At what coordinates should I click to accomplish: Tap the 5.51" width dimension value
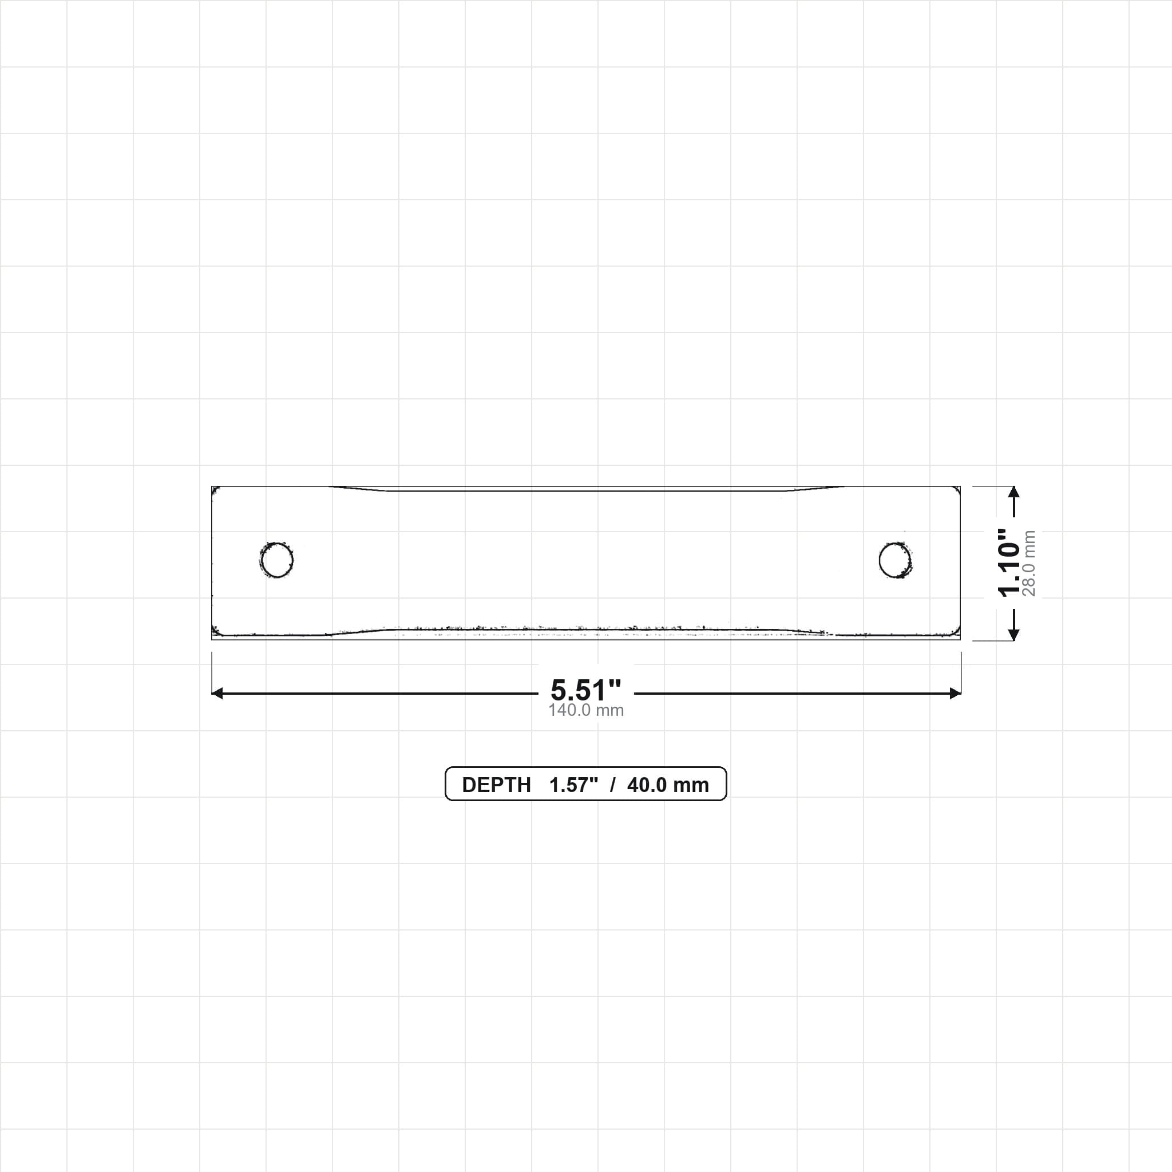[x=586, y=690]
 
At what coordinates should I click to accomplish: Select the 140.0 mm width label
[x=586, y=710]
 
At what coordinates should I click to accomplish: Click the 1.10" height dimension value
[x=1009, y=563]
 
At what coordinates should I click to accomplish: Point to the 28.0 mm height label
[x=1029, y=563]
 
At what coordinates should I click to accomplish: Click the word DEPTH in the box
[x=496, y=785]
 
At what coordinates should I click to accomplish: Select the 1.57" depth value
[x=574, y=785]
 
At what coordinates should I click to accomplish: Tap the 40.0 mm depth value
[x=668, y=785]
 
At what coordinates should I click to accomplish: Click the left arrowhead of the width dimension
[x=216, y=694]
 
